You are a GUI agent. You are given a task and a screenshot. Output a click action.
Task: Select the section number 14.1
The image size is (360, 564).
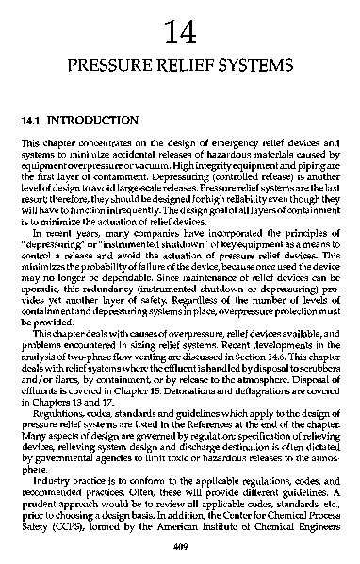click(33, 122)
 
